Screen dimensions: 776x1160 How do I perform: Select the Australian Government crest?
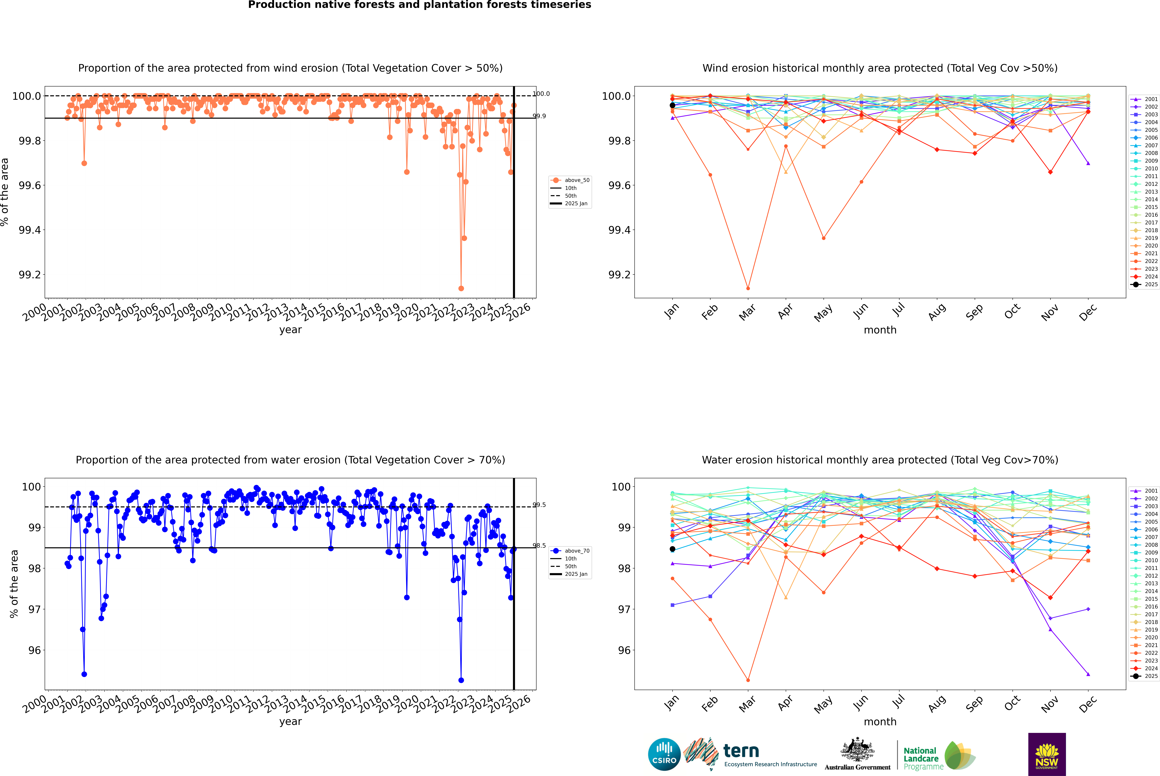tap(857, 750)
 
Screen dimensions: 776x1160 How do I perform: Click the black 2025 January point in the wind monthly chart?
tap(672, 105)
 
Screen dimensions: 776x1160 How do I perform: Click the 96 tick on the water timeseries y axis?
tap(35, 650)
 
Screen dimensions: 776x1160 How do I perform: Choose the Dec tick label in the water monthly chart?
tap(1088, 704)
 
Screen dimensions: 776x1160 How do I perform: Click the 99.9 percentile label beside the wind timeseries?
tap(539, 116)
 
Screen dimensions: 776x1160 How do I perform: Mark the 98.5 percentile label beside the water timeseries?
tap(539, 546)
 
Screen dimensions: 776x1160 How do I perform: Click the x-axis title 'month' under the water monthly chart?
tap(880, 722)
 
